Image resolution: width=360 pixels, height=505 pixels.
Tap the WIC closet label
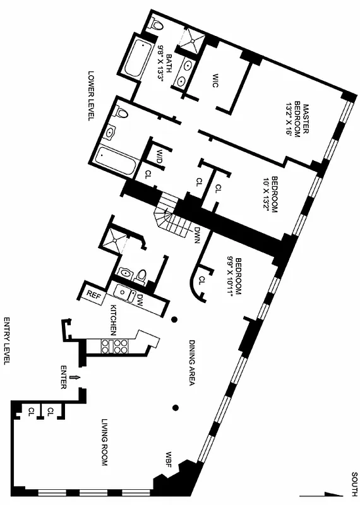click(215, 81)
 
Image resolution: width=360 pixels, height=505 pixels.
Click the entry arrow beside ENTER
click(76, 377)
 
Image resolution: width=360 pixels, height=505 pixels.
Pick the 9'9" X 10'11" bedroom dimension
click(234, 275)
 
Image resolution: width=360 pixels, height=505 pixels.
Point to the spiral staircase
click(167, 215)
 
